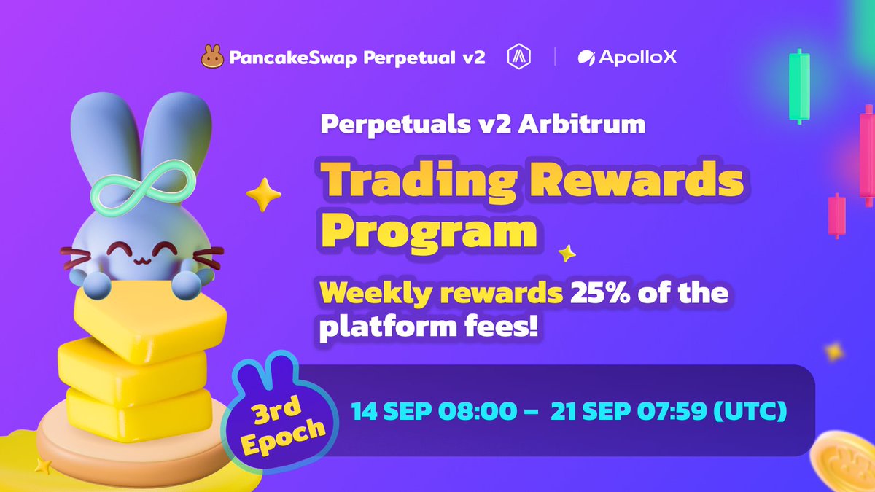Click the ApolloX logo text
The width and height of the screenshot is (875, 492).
(x=627, y=57)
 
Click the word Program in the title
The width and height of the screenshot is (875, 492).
(x=430, y=231)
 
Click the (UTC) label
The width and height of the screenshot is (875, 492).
(x=750, y=411)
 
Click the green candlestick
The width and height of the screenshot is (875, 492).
(x=800, y=85)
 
